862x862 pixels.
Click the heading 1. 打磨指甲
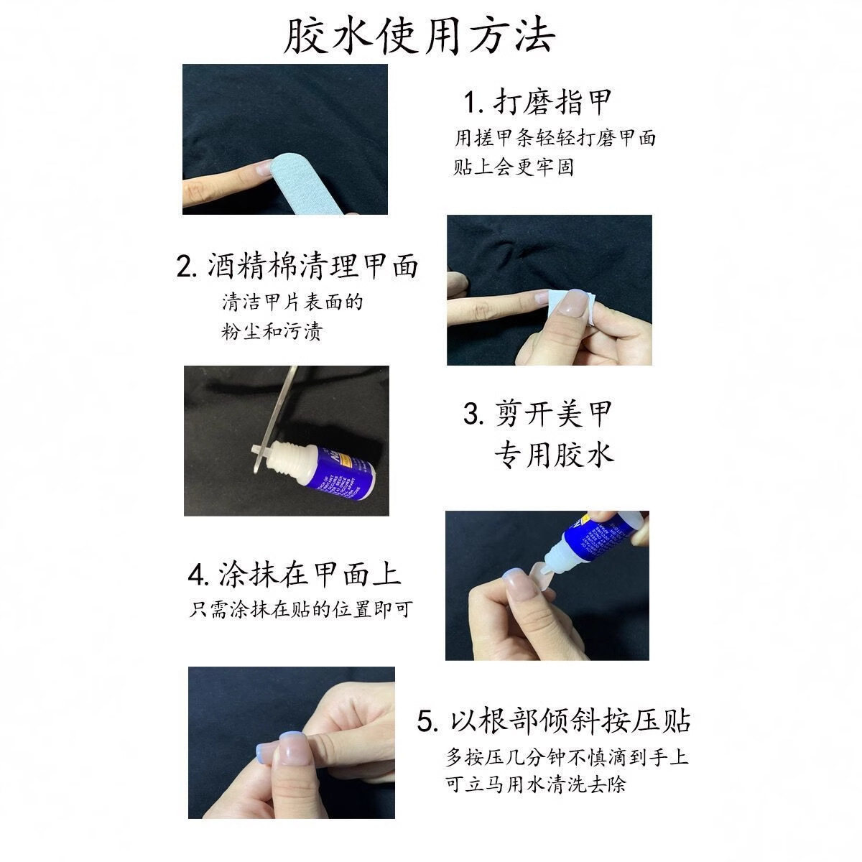pyautogui.click(x=536, y=103)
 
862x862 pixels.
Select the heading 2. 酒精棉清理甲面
pyautogui.click(x=297, y=266)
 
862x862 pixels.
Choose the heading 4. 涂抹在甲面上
pyautogui.click(x=294, y=574)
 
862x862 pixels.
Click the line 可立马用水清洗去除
pyautogui.click(x=535, y=784)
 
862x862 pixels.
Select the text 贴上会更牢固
pyautogui.click(x=514, y=168)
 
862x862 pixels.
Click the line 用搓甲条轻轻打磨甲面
pyautogui.click(x=555, y=137)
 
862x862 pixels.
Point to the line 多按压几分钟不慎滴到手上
pyautogui.click(x=567, y=757)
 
